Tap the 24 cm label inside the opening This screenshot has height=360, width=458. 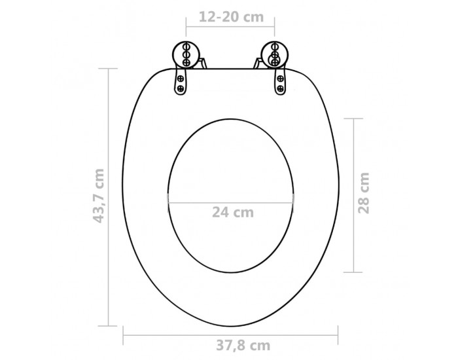[232, 212]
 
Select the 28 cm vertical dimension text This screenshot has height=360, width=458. [364, 192]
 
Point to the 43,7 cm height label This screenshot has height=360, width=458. [98, 196]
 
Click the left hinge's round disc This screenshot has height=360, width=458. [186, 54]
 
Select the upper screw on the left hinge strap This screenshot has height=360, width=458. [181, 79]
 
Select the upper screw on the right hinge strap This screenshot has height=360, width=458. [280, 79]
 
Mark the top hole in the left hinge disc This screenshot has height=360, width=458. [186, 47]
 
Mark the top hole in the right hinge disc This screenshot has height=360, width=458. [274, 47]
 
